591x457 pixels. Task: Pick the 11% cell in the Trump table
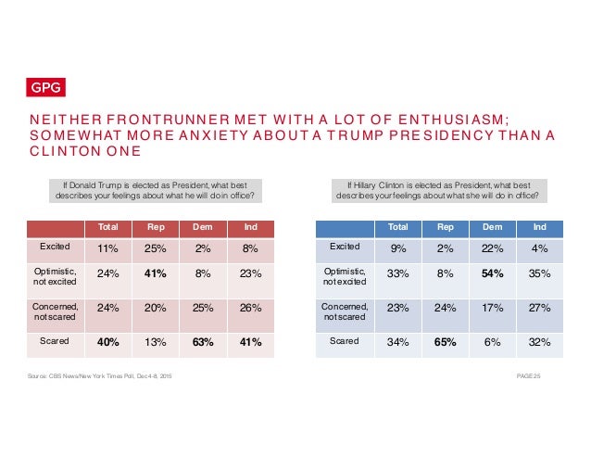(x=107, y=248)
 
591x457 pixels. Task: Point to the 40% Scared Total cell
(x=107, y=342)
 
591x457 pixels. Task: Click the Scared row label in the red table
(x=53, y=341)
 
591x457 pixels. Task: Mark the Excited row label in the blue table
(x=346, y=248)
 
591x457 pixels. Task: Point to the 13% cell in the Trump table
(x=156, y=342)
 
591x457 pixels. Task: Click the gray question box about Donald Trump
(x=154, y=189)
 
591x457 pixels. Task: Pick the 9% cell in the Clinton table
(x=397, y=248)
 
